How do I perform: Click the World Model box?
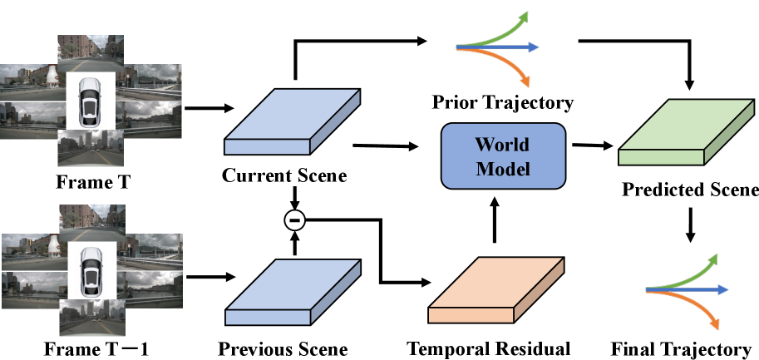503,155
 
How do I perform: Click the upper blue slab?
292,122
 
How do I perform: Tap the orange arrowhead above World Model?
525,81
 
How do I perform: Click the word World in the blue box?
502,145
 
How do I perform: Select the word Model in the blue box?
502,169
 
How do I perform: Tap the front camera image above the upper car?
90,54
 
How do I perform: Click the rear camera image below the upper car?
90,147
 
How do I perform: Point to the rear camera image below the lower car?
91,317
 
